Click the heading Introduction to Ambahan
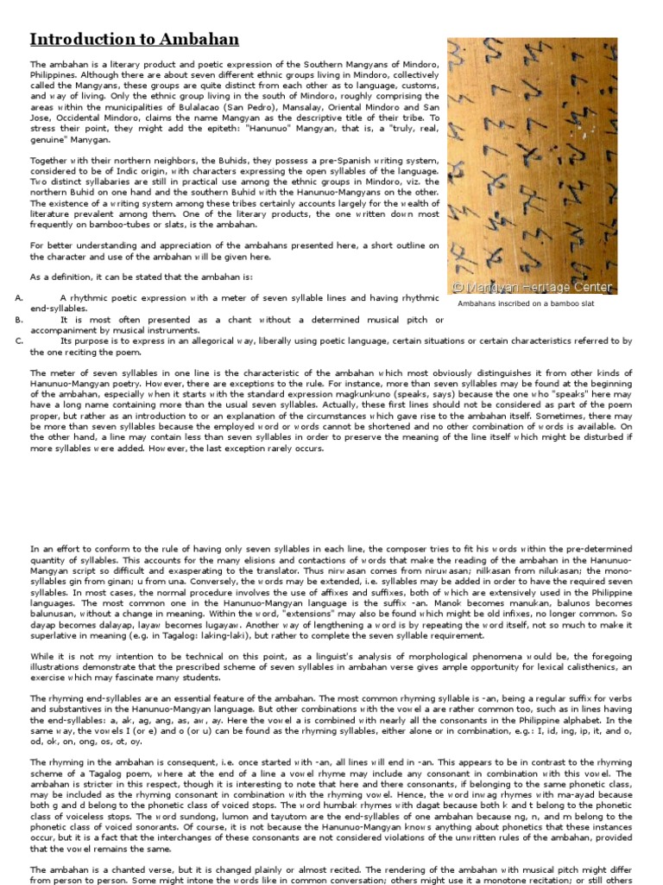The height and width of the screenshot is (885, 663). pyautogui.click(x=135, y=40)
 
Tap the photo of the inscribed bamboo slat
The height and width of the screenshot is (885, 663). pyautogui.click(x=532, y=164)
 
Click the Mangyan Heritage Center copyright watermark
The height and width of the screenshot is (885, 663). pyautogui.click(x=533, y=288)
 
